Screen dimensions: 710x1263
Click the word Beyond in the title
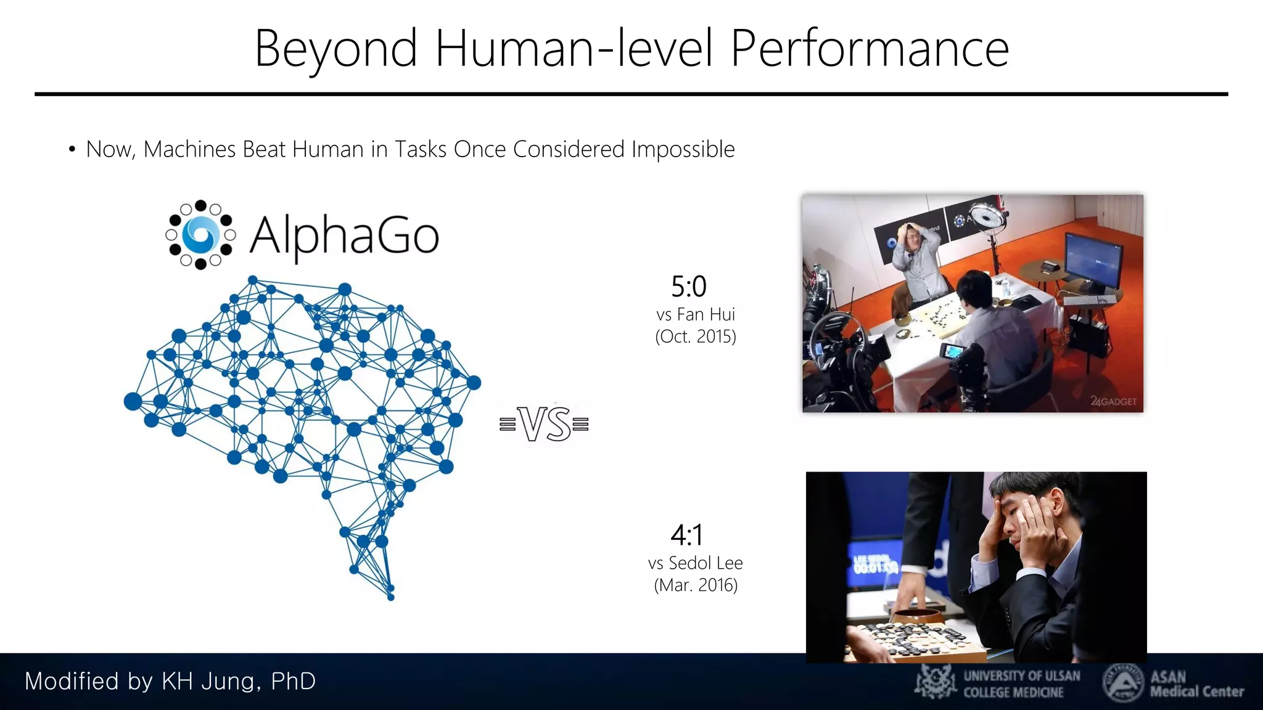coord(336,49)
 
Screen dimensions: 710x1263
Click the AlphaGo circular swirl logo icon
coord(200,235)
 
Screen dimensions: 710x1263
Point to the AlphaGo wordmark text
coord(344,235)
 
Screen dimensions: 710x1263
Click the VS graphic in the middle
coord(545,424)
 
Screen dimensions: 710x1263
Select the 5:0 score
coord(689,287)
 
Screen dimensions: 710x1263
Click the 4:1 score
coord(687,535)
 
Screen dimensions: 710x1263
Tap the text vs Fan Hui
coord(696,314)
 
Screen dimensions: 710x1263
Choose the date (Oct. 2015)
coord(696,337)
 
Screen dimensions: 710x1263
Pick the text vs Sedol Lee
coord(696,563)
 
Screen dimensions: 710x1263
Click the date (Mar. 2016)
coord(696,585)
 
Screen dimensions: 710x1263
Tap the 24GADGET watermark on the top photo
coord(1113,401)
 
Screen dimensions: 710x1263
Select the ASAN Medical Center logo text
coord(1196,684)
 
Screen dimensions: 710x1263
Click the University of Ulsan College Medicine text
coord(1021,684)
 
